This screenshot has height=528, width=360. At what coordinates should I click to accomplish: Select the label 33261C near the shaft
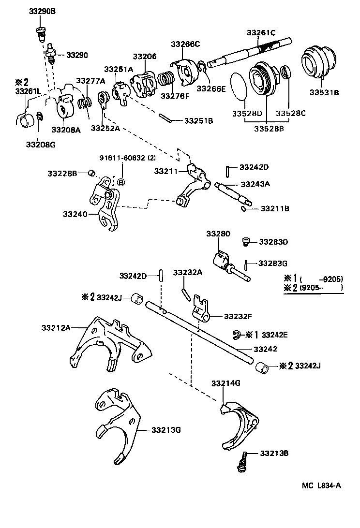[261, 32]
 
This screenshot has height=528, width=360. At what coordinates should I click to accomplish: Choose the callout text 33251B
[198, 120]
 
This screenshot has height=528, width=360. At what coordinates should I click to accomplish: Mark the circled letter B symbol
[121, 182]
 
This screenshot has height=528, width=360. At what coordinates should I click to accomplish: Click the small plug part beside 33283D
[246, 241]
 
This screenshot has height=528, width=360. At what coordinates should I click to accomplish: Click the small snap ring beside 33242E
[236, 334]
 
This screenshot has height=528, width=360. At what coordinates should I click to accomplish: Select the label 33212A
[55, 327]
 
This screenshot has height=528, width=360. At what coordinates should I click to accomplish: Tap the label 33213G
[166, 429]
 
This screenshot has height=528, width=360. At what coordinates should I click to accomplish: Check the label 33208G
[40, 144]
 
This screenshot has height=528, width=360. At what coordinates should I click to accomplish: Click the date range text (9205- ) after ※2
[321, 288]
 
